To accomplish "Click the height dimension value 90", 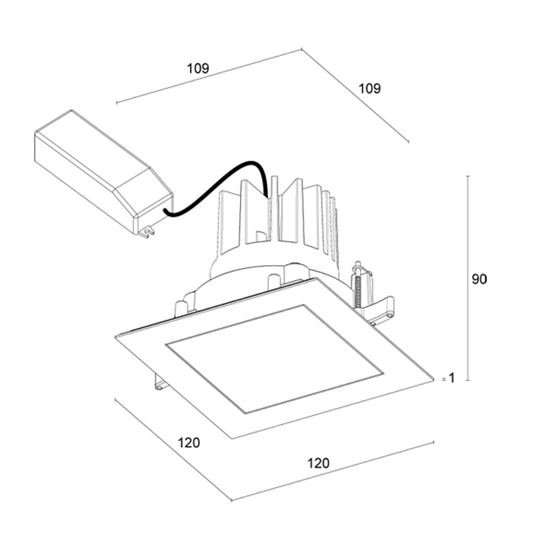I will click(x=479, y=279).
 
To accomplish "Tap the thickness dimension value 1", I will click(x=452, y=378).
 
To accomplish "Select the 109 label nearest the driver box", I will click(x=198, y=69).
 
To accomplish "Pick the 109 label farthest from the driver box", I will click(x=370, y=88).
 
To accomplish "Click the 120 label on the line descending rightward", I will click(x=189, y=443).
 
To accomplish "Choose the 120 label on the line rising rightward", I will click(x=318, y=463).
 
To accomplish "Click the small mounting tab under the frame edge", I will click(x=159, y=382).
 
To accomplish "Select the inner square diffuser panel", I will click(x=275, y=358).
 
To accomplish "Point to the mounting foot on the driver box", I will click(x=146, y=233).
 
